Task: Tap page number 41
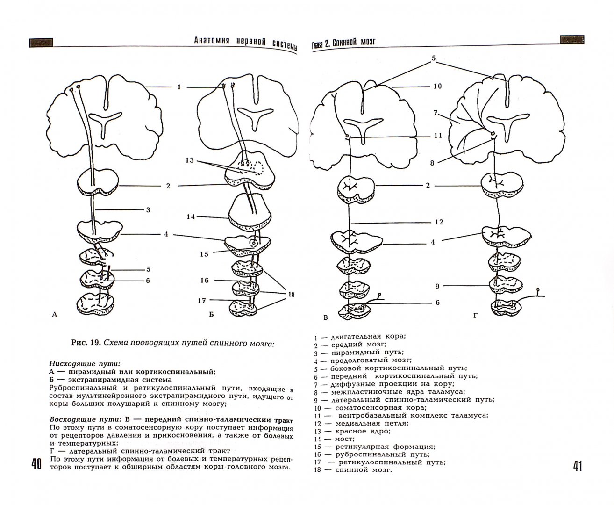(x=577, y=466)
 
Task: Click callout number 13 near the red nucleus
(x=189, y=160)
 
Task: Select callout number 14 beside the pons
(x=190, y=216)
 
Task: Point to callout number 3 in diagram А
(x=148, y=210)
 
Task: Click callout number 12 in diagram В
(x=439, y=222)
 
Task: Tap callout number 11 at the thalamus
(x=438, y=136)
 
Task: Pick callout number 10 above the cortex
(x=437, y=87)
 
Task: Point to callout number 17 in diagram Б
(x=201, y=300)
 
